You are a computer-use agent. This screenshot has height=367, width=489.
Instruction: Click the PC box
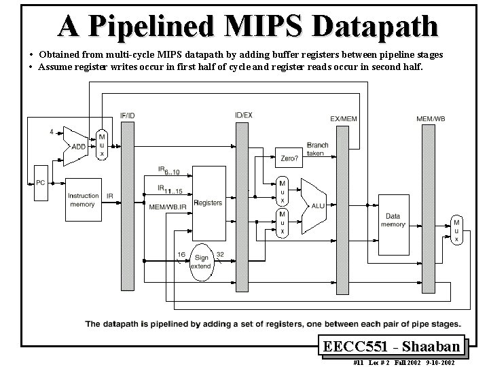coord(40,182)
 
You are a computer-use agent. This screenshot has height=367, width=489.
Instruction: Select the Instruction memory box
coord(83,200)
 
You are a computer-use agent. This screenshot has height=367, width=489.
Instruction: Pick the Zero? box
coord(289,158)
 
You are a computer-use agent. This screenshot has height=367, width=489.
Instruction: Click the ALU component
coord(314,204)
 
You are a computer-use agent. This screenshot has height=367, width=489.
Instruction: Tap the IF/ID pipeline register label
coord(127,116)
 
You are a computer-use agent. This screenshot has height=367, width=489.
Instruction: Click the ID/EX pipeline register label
coord(243,116)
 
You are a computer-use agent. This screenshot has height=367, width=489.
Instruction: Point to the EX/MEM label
coord(343,119)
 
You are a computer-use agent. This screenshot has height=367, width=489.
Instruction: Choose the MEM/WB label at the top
coord(431,119)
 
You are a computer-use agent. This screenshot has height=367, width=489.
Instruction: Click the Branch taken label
coord(316,149)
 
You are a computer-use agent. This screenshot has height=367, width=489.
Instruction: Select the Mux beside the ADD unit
coord(102,145)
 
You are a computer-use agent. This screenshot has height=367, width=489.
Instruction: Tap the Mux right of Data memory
coord(456,230)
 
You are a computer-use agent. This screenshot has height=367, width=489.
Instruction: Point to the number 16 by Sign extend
coord(181,254)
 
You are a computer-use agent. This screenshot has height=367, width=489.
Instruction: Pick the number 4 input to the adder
coord(52,131)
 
